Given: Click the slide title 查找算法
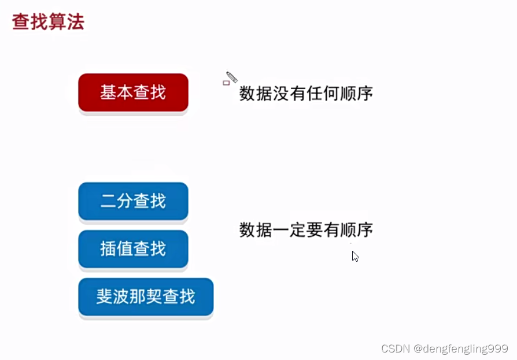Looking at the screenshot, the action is coord(48,22).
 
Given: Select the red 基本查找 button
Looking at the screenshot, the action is coord(133,92).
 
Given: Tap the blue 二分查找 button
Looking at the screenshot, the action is coord(133,201).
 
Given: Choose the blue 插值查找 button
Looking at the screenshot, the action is coord(133,249).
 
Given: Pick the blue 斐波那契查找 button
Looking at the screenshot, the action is coord(146,297).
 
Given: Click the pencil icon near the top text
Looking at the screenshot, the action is coord(232,77).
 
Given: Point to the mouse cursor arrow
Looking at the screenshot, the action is coord(355,256).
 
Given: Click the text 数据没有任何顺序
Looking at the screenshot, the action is coord(306,94).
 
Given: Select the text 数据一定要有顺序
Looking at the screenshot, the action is coord(306,230).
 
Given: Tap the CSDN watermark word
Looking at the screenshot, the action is coord(396,348).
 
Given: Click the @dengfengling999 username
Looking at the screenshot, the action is coord(461,349).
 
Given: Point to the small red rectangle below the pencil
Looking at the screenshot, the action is coord(226,83).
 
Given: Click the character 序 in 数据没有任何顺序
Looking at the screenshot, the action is coord(365,94).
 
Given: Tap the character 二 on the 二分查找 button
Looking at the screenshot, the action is coord(109,201).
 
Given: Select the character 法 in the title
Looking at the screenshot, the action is coord(76,22).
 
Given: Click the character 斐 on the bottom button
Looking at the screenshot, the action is coord(105,296).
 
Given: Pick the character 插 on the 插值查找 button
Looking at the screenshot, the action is coord(109,248).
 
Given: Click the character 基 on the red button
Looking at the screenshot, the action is coord(109,92).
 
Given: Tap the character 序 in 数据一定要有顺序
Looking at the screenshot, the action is coord(365,230).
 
